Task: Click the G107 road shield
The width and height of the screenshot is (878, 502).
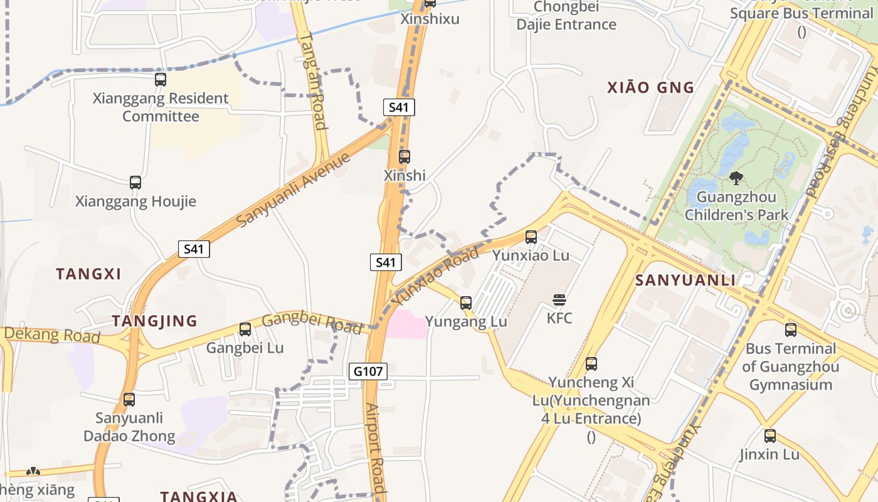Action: [368, 371]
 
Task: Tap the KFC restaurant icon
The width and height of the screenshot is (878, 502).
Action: [559, 300]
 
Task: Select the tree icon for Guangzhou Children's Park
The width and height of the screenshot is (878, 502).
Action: [736, 178]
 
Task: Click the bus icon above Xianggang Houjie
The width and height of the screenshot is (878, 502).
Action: [135, 183]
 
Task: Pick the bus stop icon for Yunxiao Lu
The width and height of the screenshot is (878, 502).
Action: [531, 237]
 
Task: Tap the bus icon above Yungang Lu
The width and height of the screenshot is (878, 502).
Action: [466, 303]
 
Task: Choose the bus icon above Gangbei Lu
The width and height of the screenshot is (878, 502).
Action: [245, 329]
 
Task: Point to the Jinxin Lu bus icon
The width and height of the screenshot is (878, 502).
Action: [770, 436]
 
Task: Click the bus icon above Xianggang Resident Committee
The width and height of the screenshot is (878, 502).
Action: [161, 80]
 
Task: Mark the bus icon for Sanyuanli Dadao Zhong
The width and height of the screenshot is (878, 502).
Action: [129, 400]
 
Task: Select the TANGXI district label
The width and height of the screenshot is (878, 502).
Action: [88, 274]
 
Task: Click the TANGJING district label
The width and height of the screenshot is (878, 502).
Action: [154, 321]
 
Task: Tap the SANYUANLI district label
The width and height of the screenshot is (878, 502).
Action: [685, 280]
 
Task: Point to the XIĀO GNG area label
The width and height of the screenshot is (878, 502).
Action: [651, 88]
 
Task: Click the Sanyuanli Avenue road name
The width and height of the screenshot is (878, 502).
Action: [294, 190]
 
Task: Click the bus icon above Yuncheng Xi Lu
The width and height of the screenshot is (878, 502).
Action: [591, 364]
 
